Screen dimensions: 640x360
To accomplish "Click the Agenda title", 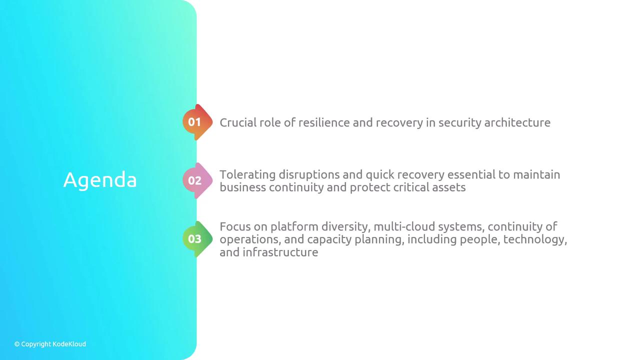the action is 100,180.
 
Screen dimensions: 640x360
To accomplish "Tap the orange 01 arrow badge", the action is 197,122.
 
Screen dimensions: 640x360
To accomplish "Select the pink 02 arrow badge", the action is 197,180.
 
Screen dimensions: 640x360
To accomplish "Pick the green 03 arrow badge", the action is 197,239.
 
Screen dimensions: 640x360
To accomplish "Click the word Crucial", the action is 238,122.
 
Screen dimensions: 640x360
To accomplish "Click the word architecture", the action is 517,122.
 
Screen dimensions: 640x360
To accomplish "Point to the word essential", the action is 471,174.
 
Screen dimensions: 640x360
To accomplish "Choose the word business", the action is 242,187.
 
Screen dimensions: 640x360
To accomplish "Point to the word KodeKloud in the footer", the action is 69,344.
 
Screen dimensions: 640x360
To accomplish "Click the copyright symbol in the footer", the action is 17,344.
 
